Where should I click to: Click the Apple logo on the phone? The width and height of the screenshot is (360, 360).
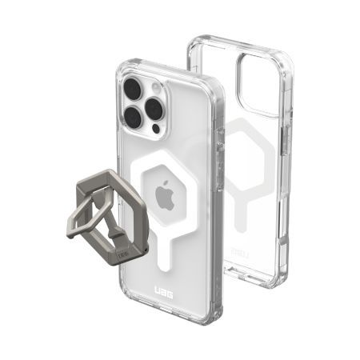click(165, 196)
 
